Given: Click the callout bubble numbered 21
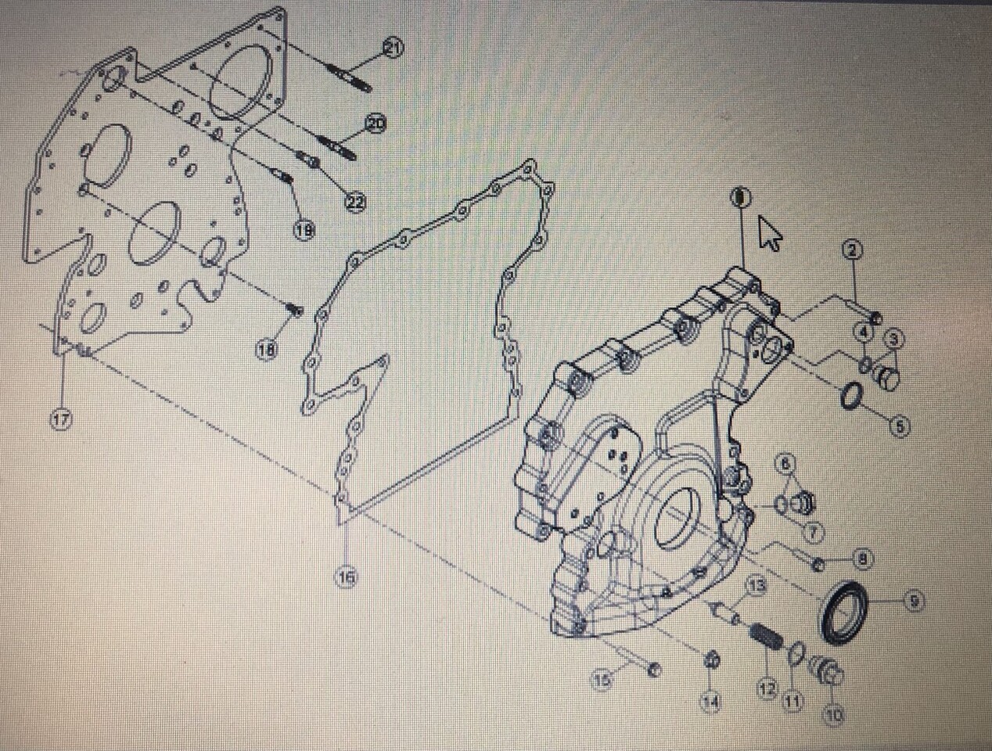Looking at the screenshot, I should (x=392, y=49).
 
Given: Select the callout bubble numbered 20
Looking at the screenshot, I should (x=376, y=123).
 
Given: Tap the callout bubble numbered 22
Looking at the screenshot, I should (x=355, y=202).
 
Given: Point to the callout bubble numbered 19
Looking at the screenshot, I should (x=304, y=229).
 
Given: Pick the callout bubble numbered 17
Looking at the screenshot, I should (x=61, y=419).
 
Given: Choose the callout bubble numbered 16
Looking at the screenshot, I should (x=347, y=577).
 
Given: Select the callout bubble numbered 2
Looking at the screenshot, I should (x=852, y=250).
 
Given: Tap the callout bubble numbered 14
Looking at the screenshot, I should (x=710, y=702).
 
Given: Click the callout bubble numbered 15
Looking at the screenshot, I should (x=601, y=681).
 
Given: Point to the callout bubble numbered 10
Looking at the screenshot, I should (x=834, y=713).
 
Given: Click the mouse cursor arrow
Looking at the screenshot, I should (x=770, y=233).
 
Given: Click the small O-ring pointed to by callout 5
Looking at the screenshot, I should (x=852, y=397).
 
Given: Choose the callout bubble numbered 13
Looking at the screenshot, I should (x=757, y=585).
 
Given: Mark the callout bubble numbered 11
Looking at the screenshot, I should (x=793, y=702).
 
